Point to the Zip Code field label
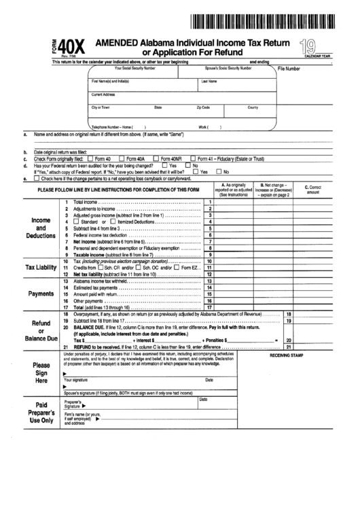[203, 107]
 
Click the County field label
[253, 107]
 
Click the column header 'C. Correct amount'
[316, 190]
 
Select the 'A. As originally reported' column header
[233, 190]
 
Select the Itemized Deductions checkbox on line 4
[103, 222]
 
